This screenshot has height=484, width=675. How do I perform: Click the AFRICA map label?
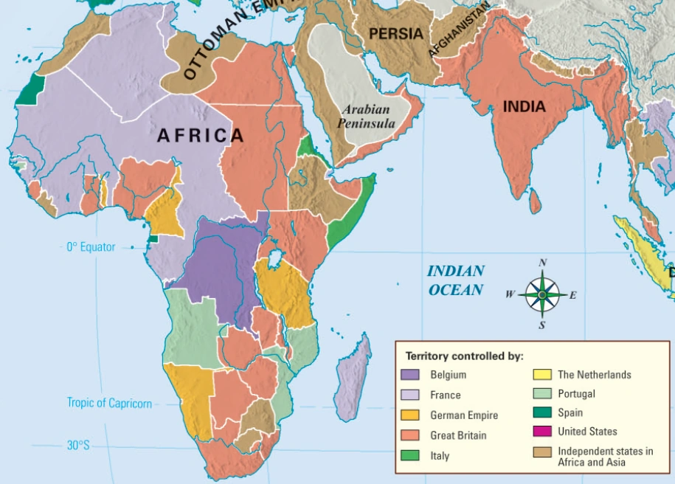click(200, 136)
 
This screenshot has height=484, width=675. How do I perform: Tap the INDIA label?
click(524, 107)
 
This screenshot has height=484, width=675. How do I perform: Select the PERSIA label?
click(396, 34)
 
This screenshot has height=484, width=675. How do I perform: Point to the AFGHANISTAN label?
click(459, 30)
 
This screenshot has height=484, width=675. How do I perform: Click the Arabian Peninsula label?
click(367, 117)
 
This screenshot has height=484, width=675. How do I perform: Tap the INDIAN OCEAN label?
click(456, 280)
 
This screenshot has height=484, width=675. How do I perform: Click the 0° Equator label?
click(91, 247)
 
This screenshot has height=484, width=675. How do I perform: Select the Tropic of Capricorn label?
click(109, 403)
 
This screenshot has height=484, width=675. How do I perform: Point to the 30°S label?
click(77, 446)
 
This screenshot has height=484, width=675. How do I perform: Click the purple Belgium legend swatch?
click(410, 375)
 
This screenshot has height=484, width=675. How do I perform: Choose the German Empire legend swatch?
click(410, 415)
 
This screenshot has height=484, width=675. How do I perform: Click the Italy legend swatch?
click(410, 455)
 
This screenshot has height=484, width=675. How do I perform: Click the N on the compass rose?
click(543, 263)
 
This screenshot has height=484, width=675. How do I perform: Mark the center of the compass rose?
click(542, 294)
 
